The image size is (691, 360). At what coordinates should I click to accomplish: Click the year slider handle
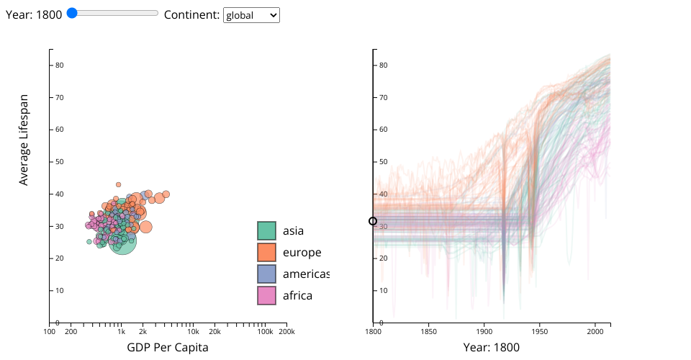(72, 13)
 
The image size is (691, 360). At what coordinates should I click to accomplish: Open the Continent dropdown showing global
(251, 15)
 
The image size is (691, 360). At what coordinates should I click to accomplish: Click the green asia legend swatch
(267, 230)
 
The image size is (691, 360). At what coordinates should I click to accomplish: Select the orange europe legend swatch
(267, 252)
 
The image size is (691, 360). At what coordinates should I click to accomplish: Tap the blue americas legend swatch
(267, 274)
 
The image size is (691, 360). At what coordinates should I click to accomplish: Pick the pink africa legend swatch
(267, 295)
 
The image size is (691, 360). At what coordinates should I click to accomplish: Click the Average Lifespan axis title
(24, 140)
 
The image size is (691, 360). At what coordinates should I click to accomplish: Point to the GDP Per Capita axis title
(168, 347)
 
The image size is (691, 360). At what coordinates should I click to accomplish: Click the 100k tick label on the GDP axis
(265, 331)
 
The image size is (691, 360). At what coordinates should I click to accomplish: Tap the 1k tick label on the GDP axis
(121, 331)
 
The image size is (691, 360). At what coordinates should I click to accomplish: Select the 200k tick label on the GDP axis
(286, 331)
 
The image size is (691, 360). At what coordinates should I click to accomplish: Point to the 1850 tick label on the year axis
(429, 331)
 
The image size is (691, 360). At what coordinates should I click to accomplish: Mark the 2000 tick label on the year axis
(595, 331)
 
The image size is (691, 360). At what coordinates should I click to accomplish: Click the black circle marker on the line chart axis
(373, 221)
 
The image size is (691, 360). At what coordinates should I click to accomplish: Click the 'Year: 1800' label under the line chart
(492, 347)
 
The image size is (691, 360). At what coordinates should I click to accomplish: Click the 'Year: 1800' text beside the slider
(34, 14)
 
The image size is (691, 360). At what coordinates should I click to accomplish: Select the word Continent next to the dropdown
(191, 14)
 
